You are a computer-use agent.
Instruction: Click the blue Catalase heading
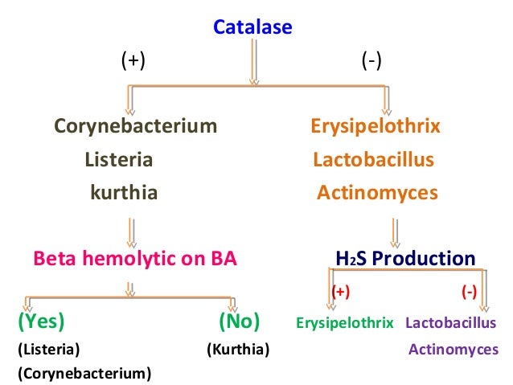pyautogui.click(x=252, y=28)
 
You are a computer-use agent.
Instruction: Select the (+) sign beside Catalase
pyautogui.click(x=133, y=62)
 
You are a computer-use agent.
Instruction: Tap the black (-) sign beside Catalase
pyautogui.click(x=371, y=62)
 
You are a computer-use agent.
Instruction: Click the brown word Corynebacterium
pyautogui.click(x=135, y=126)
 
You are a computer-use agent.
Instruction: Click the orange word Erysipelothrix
pyautogui.click(x=376, y=126)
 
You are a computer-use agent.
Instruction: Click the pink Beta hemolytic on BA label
pyautogui.click(x=135, y=259)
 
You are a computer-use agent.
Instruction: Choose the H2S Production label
pyautogui.click(x=405, y=259)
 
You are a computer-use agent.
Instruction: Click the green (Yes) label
pyautogui.click(x=41, y=322)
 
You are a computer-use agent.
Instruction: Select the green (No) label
pyautogui.click(x=239, y=322)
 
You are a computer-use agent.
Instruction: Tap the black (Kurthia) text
pyautogui.click(x=237, y=350)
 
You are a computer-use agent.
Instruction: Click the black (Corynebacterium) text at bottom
pyautogui.click(x=84, y=374)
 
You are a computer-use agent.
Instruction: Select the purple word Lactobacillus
pyautogui.click(x=451, y=323)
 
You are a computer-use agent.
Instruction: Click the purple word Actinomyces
pyautogui.click(x=453, y=350)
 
